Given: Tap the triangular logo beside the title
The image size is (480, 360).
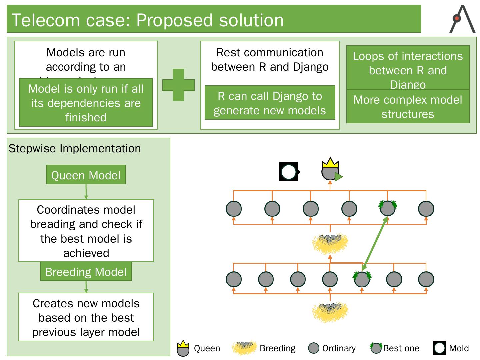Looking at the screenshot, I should tap(462, 19).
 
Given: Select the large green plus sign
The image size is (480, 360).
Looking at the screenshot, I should tap(178, 85).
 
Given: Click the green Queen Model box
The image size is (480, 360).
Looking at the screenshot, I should tap(86, 175).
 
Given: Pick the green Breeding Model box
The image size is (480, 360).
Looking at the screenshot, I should tap(86, 272).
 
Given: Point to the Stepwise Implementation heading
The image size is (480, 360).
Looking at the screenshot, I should tap(75, 148).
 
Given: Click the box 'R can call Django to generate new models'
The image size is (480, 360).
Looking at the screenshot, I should tap(270, 103).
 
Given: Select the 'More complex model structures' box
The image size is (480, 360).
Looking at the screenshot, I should tap(408, 107).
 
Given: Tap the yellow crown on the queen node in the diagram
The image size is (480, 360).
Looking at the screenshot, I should tap(330, 163).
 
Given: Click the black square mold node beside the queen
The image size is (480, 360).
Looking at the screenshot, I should tap(288, 172).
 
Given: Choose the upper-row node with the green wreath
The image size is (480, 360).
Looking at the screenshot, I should tap(387, 208).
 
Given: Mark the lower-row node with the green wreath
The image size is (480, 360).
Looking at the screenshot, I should tap(362, 279).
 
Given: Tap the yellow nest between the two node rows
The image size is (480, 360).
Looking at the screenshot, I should tap(330, 243).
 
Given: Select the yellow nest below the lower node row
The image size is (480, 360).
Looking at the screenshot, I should tap(330, 312).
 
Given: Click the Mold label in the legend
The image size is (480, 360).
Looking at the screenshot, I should tap(459, 348).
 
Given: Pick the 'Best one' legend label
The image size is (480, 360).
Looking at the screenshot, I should tap(401, 348).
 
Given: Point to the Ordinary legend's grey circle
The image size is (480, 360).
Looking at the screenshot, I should tap(313, 348).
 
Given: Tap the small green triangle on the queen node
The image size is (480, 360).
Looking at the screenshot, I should tap(338, 177).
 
